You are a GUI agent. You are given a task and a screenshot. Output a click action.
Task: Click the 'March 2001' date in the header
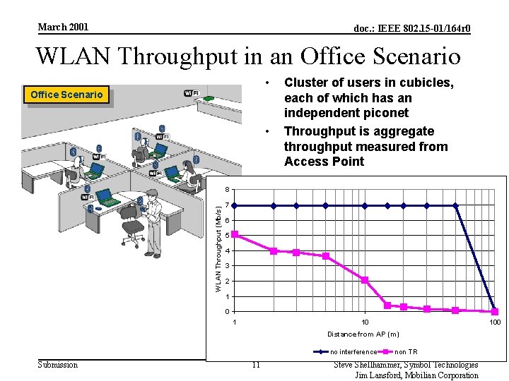(63, 27)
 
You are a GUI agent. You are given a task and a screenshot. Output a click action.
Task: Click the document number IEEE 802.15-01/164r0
(412, 28)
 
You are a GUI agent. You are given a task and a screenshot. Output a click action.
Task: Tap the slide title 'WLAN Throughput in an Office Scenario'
(247, 56)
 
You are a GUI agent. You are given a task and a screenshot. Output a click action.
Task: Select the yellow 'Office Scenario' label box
(66, 95)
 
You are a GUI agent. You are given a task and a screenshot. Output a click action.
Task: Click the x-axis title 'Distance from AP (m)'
(363, 334)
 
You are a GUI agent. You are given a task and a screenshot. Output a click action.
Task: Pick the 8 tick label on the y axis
(226, 190)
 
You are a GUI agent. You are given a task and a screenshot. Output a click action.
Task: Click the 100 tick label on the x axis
(495, 322)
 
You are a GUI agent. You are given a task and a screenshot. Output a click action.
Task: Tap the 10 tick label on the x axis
(365, 322)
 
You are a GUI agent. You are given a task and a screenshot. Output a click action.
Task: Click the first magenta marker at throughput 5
(235, 234)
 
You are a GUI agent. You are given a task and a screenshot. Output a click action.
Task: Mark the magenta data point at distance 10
(365, 280)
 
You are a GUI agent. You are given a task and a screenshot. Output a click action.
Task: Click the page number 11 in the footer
(256, 365)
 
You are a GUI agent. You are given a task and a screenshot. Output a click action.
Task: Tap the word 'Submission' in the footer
(58, 365)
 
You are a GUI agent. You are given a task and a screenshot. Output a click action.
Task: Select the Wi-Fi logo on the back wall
(191, 93)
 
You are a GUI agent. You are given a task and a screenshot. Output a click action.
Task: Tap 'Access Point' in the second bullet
(324, 162)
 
